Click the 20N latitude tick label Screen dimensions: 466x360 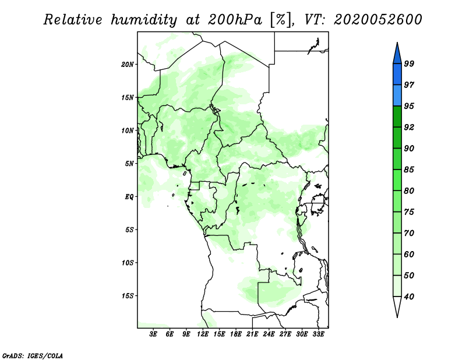(x=128, y=65)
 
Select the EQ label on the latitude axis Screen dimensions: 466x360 (x=129, y=197)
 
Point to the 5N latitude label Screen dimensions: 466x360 (x=129, y=164)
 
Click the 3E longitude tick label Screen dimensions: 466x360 (x=153, y=334)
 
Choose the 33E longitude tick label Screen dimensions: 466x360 (x=318, y=334)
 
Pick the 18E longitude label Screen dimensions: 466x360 (x=236, y=334)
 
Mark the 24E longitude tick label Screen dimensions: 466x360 (x=269, y=334)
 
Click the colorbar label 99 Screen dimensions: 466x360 (x=409, y=63)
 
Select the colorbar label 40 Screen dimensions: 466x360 (x=409, y=297)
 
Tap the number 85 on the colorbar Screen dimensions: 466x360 (x=409, y=170)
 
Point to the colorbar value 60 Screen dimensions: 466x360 (x=409, y=255)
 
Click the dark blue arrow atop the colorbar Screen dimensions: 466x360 (x=397, y=54)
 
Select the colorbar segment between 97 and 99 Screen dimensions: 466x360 (x=397, y=75)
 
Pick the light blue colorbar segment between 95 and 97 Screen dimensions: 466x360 (x=397, y=96)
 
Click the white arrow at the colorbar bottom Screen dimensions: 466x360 (x=397, y=306)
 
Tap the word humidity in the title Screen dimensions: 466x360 (x=144, y=20)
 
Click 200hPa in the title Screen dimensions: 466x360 (x=235, y=20)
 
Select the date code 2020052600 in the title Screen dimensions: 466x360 (x=377, y=20)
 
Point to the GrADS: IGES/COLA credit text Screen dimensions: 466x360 (x=33, y=355)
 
